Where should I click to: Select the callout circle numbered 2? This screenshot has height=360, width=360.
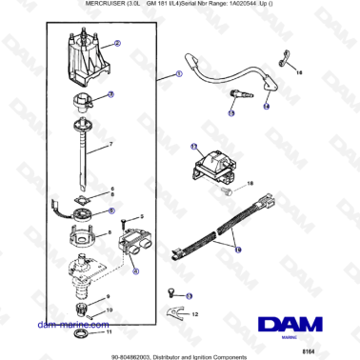click(116, 44)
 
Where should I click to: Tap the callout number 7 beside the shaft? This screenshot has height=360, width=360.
click(110, 144)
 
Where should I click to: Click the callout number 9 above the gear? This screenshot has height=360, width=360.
click(107, 297)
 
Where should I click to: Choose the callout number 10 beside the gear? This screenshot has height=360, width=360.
click(107, 310)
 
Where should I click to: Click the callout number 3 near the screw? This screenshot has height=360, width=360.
click(140, 220)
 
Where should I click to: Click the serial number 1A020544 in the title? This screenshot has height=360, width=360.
click(245, 5)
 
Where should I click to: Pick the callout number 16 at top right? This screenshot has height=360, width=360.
click(296, 71)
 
